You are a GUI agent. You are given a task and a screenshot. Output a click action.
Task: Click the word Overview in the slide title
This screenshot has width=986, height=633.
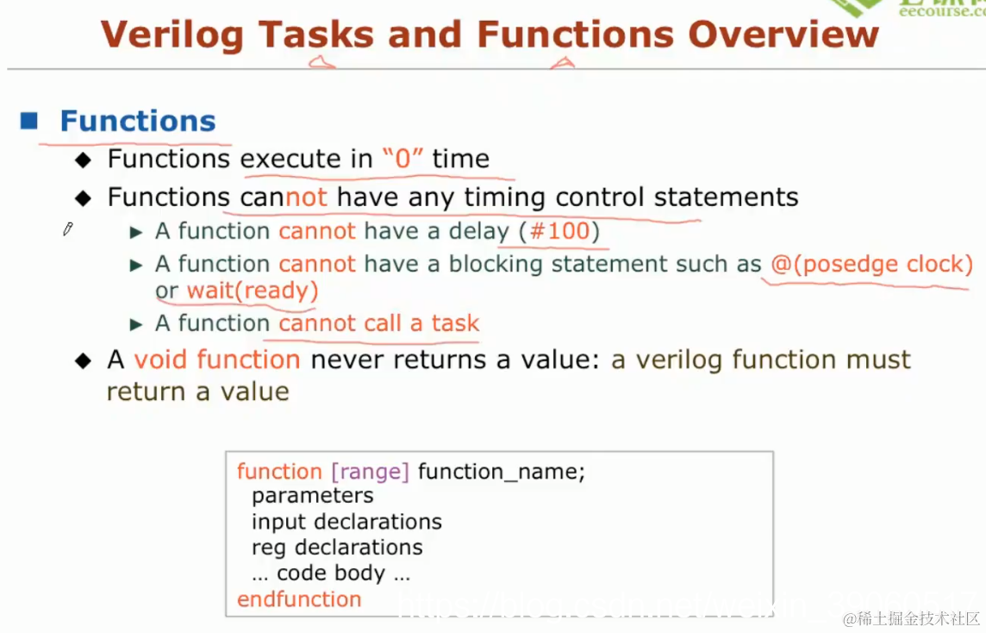pos(783,34)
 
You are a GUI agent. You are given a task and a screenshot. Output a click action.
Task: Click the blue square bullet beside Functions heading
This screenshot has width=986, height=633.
pos(29,121)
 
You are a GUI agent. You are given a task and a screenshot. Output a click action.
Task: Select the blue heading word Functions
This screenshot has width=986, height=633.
pos(138,121)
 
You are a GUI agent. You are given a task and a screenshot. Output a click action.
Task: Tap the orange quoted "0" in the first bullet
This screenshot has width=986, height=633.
pos(403,159)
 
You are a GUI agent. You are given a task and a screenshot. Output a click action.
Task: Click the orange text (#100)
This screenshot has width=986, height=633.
pos(559,231)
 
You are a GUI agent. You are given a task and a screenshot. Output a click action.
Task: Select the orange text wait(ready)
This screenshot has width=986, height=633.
pos(253,291)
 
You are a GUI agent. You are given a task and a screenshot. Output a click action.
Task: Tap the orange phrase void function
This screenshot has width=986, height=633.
pos(217,359)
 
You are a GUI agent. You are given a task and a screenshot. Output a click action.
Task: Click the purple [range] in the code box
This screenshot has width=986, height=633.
pos(370,472)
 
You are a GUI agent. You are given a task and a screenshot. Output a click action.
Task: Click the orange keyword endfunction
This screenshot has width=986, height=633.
pos(299,599)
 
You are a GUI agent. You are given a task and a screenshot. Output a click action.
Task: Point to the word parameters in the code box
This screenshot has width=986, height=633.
pos(312,496)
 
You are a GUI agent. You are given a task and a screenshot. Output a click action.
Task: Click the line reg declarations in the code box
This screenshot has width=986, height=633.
pos(337,548)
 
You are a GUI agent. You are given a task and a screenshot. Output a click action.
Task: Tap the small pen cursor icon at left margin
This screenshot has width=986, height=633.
pos(68,229)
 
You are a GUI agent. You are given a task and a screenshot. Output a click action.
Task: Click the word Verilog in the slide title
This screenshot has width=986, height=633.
pos(173,34)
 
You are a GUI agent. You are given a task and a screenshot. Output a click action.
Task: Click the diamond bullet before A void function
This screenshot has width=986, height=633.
pos(83,360)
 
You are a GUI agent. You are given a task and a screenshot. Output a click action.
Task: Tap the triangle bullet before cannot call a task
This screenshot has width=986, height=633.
pos(135,324)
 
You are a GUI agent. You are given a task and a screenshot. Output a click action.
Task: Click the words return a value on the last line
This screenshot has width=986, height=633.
pos(197,392)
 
